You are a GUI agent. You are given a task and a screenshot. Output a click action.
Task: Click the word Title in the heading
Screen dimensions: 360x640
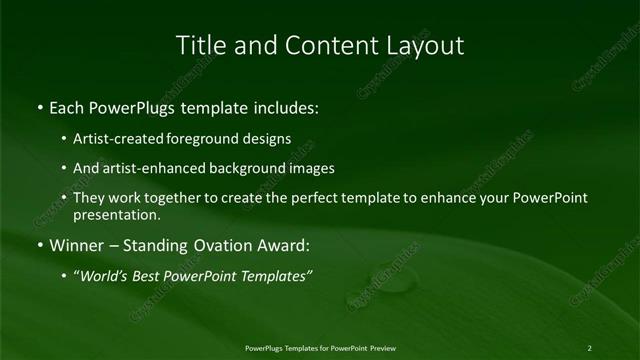tap(198, 46)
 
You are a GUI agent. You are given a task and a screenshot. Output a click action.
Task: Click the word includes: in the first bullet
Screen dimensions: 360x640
tap(284, 105)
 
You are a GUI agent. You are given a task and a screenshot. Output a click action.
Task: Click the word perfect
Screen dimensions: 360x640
tap(301, 198)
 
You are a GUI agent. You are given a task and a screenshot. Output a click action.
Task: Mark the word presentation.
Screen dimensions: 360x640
tap(116, 214)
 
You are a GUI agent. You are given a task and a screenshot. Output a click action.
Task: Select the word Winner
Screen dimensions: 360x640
tap(76, 244)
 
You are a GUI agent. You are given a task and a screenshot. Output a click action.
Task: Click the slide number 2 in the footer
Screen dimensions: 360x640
tap(589, 348)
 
